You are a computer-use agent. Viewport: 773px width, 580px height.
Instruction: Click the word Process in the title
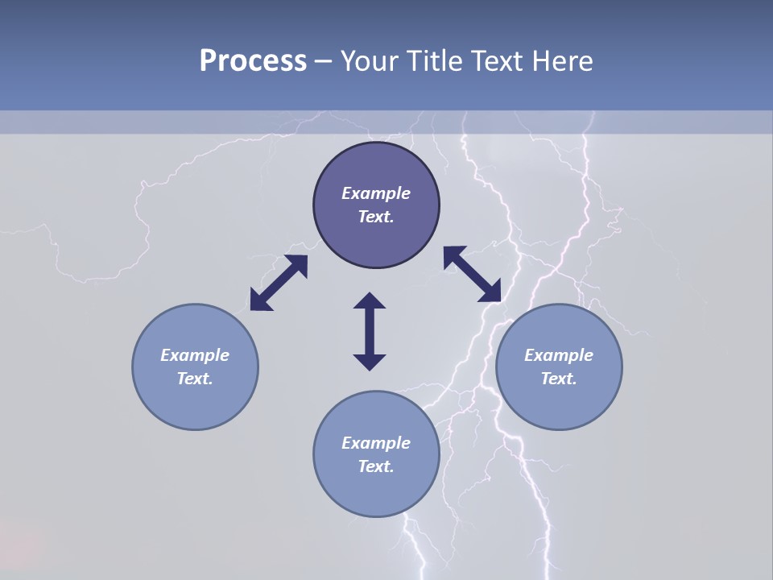(253, 60)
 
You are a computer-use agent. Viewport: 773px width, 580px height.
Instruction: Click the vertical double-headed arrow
(370, 331)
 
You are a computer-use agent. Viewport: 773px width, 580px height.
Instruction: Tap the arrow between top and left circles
(279, 283)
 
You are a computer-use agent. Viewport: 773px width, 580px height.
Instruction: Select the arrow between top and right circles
(473, 274)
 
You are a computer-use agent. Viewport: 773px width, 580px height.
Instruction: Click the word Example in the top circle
(376, 193)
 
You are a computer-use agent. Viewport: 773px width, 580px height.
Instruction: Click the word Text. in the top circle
(376, 217)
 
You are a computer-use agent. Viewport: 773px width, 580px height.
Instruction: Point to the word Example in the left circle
(195, 355)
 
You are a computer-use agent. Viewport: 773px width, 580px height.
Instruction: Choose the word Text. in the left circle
(195, 379)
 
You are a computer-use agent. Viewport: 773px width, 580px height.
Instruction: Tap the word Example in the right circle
(559, 355)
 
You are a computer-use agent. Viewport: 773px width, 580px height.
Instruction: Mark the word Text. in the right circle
(559, 379)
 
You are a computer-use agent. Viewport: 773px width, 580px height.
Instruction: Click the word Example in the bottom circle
(376, 443)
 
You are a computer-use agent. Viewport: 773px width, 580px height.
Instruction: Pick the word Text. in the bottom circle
(376, 466)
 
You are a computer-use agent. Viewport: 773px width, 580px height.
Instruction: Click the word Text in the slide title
(497, 60)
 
